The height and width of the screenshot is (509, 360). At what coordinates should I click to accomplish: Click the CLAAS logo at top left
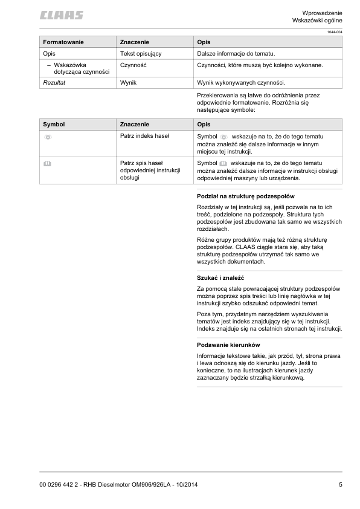coord(62,15)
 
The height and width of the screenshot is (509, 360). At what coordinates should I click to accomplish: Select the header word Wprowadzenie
coord(322,13)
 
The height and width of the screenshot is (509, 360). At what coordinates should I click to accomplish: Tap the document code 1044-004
coord(334,32)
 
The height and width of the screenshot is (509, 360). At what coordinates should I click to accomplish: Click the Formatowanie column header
coord(63,42)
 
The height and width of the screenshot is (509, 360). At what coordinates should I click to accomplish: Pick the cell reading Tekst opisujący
coord(141,54)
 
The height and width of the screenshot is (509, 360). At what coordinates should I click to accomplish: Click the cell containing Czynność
coord(134,65)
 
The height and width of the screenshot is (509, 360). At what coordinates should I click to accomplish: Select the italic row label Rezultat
coord(54,82)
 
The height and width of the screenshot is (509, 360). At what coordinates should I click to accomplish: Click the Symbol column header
coord(54,124)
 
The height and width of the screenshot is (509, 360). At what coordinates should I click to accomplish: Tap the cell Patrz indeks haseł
coord(145,136)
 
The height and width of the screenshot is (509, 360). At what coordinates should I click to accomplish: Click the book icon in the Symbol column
coord(47,163)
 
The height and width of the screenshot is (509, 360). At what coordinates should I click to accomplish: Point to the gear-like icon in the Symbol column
coord(48,138)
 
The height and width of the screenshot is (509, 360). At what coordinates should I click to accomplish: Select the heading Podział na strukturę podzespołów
coord(245,196)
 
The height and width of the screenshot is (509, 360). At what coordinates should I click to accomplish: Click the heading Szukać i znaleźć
coord(223,278)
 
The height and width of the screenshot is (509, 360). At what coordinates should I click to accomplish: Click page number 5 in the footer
coord(340,485)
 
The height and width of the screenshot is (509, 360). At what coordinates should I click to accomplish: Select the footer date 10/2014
coord(184,485)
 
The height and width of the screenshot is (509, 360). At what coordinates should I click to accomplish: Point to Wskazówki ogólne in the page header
coord(317,21)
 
